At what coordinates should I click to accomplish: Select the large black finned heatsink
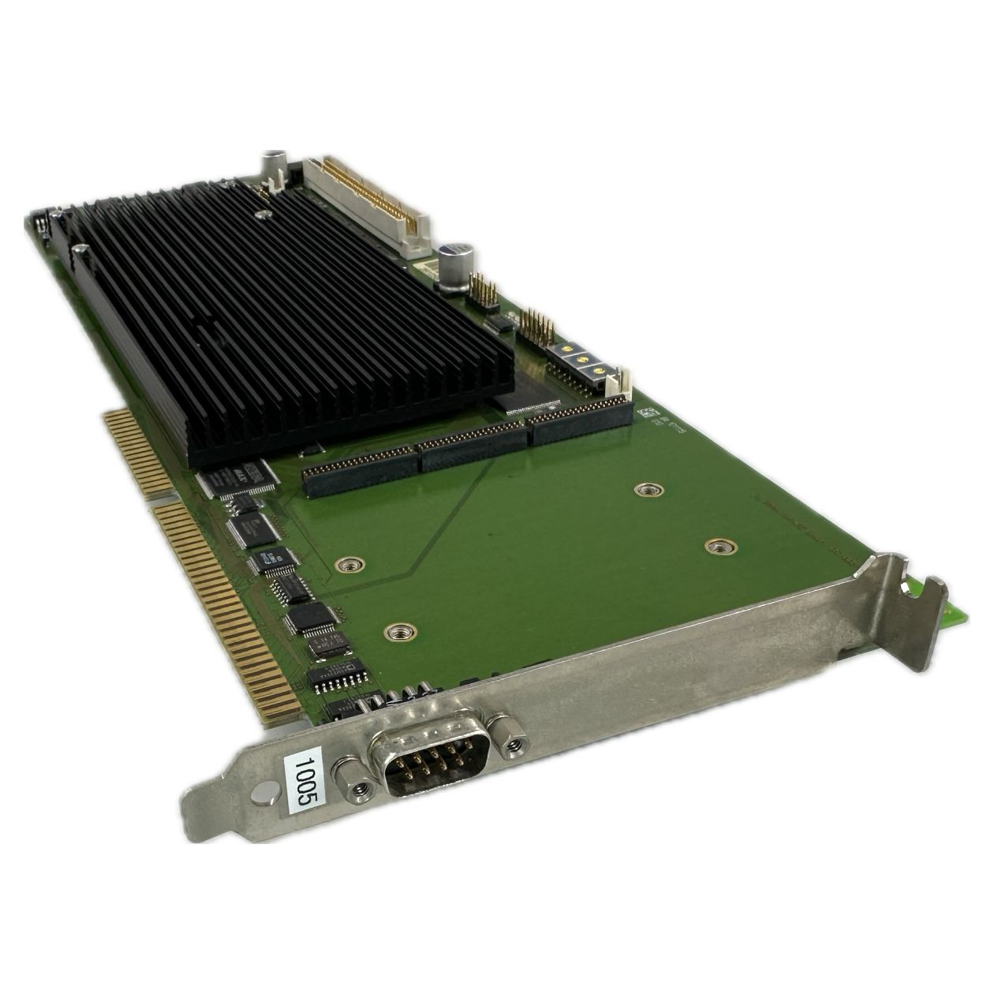click(276, 316)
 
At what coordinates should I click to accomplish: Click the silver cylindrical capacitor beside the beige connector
click(457, 263)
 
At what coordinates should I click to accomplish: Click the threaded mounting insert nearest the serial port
click(400, 630)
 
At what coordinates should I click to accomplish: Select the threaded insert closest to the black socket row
click(648, 490)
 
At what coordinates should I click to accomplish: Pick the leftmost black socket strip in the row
click(359, 473)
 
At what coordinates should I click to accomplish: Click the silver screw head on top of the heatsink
click(261, 214)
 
